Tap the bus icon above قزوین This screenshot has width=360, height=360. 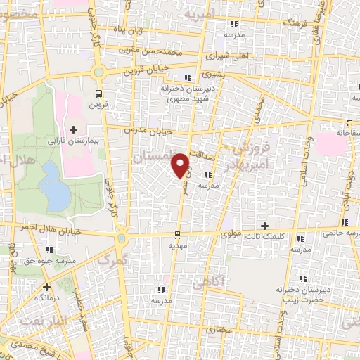[99, 93]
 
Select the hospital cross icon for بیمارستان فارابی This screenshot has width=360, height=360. [74, 129]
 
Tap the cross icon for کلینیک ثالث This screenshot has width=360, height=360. [264, 226]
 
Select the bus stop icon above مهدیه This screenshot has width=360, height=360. [176, 236]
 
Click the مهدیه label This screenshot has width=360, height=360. [176, 247]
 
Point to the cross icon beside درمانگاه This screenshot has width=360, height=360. [46, 287]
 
